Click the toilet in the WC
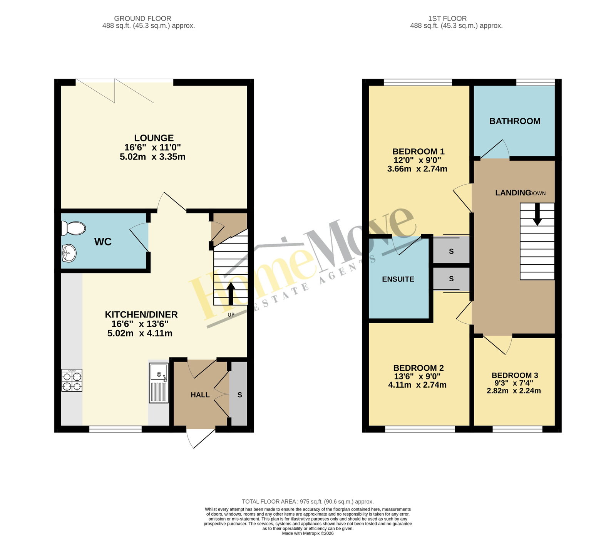(73, 228)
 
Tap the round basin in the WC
(69, 254)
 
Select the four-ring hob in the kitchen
(72, 380)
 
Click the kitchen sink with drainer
(159, 383)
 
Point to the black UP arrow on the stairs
(231, 294)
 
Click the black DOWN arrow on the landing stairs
(537, 214)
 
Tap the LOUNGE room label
(154, 138)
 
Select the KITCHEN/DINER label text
(141, 314)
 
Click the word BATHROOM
(515, 121)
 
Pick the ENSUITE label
(398, 279)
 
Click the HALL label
(200, 395)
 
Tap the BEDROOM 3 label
(515, 375)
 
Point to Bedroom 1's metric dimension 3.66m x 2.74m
(417, 169)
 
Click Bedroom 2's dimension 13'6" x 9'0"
(417, 376)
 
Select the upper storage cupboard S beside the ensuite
(451, 251)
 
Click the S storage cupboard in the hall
(239, 394)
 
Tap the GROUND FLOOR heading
(142, 18)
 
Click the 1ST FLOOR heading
(447, 18)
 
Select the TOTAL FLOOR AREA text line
(308, 502)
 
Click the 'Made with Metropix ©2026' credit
(308, 534)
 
